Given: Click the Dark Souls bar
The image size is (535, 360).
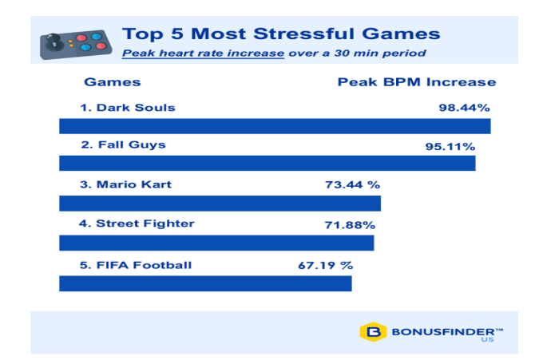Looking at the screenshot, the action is (x=275, y=126).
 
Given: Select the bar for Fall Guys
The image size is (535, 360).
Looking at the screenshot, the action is (x=267, y=163).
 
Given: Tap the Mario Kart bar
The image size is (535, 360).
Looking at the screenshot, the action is (x=220, y=204).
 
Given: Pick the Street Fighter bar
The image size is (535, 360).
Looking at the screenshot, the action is (x=216, y=243).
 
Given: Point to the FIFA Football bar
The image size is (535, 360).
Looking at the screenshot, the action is (x=205, y=283).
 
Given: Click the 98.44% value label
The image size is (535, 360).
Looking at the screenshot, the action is (x=464, y=108).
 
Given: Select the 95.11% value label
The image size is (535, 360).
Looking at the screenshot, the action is (x=450, y=147).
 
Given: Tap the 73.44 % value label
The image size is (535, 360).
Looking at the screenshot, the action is (x=352, y=184).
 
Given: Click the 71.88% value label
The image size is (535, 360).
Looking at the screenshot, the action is (x=350, y=225).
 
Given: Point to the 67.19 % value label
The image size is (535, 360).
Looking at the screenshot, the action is (x=326, y=265).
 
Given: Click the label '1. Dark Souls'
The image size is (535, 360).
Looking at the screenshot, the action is (x=128, y=108).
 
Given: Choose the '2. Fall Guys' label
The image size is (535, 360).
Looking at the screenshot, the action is (x=123, y=144).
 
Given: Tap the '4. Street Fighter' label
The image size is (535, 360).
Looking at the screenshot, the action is (x=137, y=224).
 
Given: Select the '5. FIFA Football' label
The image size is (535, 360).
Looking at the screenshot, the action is (x=136, y=265).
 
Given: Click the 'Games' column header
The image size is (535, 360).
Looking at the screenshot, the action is (x=113, y=82).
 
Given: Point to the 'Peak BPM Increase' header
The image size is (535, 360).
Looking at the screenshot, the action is (x=417, y=82).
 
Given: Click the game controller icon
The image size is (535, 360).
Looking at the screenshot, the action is (x=76, y=45).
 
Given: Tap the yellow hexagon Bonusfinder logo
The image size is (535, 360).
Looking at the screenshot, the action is (x=373, y=332).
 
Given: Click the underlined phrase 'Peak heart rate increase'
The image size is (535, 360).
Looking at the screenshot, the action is (x=203, y=53).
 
